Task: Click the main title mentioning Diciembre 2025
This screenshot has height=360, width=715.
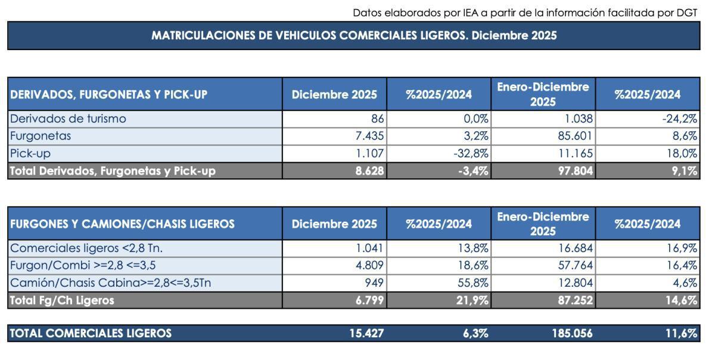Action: (x=354, y=36)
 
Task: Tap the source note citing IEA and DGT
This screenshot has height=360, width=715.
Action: (x=524, y=13)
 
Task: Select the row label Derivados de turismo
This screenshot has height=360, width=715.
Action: (x=69, y=119)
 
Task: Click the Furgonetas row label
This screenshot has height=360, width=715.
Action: (x=41, y=136)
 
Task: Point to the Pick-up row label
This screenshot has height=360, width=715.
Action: (x=30, y=153)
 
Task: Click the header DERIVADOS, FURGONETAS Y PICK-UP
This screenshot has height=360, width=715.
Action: (x=109, y=94)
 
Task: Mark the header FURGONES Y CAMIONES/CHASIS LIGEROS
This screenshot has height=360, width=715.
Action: (x=123, y=224)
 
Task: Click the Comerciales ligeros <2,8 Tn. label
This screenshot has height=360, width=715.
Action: (x=87, y=248)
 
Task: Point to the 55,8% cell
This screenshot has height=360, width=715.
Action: (x=473, y=283)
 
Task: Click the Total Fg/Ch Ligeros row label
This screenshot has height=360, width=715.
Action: (x=62, y=300)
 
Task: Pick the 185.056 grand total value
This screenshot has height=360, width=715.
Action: (x=572, y=334)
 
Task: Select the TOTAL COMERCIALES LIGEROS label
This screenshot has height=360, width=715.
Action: (x=91, y=334)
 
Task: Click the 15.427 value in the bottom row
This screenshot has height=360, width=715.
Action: (x=366, y=334)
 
